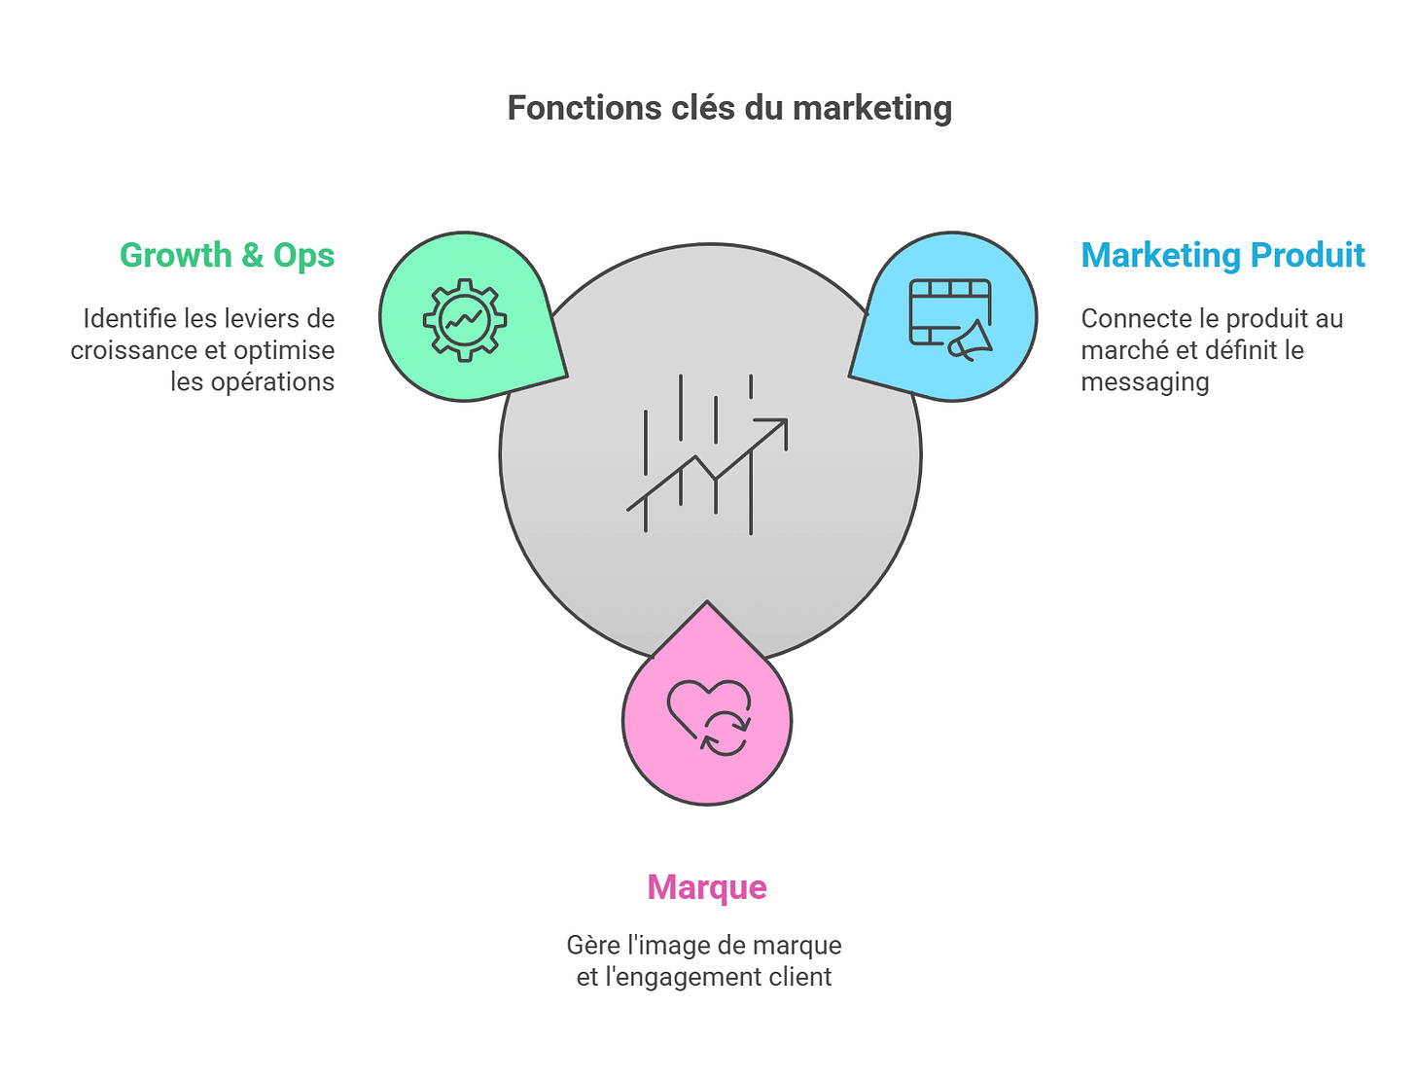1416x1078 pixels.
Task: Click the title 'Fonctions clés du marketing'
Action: coord(729,108)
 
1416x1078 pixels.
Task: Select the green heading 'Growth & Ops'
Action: coord(227,255)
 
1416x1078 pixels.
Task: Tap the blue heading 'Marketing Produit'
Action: coord(1222,255)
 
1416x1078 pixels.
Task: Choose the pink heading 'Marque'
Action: coord(707,887)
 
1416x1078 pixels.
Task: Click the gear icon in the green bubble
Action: coord(464,319)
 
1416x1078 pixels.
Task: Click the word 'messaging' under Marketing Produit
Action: coord(1145,382)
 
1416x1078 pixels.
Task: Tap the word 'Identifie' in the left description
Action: coord(129,319)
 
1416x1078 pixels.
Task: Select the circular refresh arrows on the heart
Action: coord(726,734)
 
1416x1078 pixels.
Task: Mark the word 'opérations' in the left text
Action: coord(272,382)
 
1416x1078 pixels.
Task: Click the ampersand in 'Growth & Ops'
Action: coord(253,256)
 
